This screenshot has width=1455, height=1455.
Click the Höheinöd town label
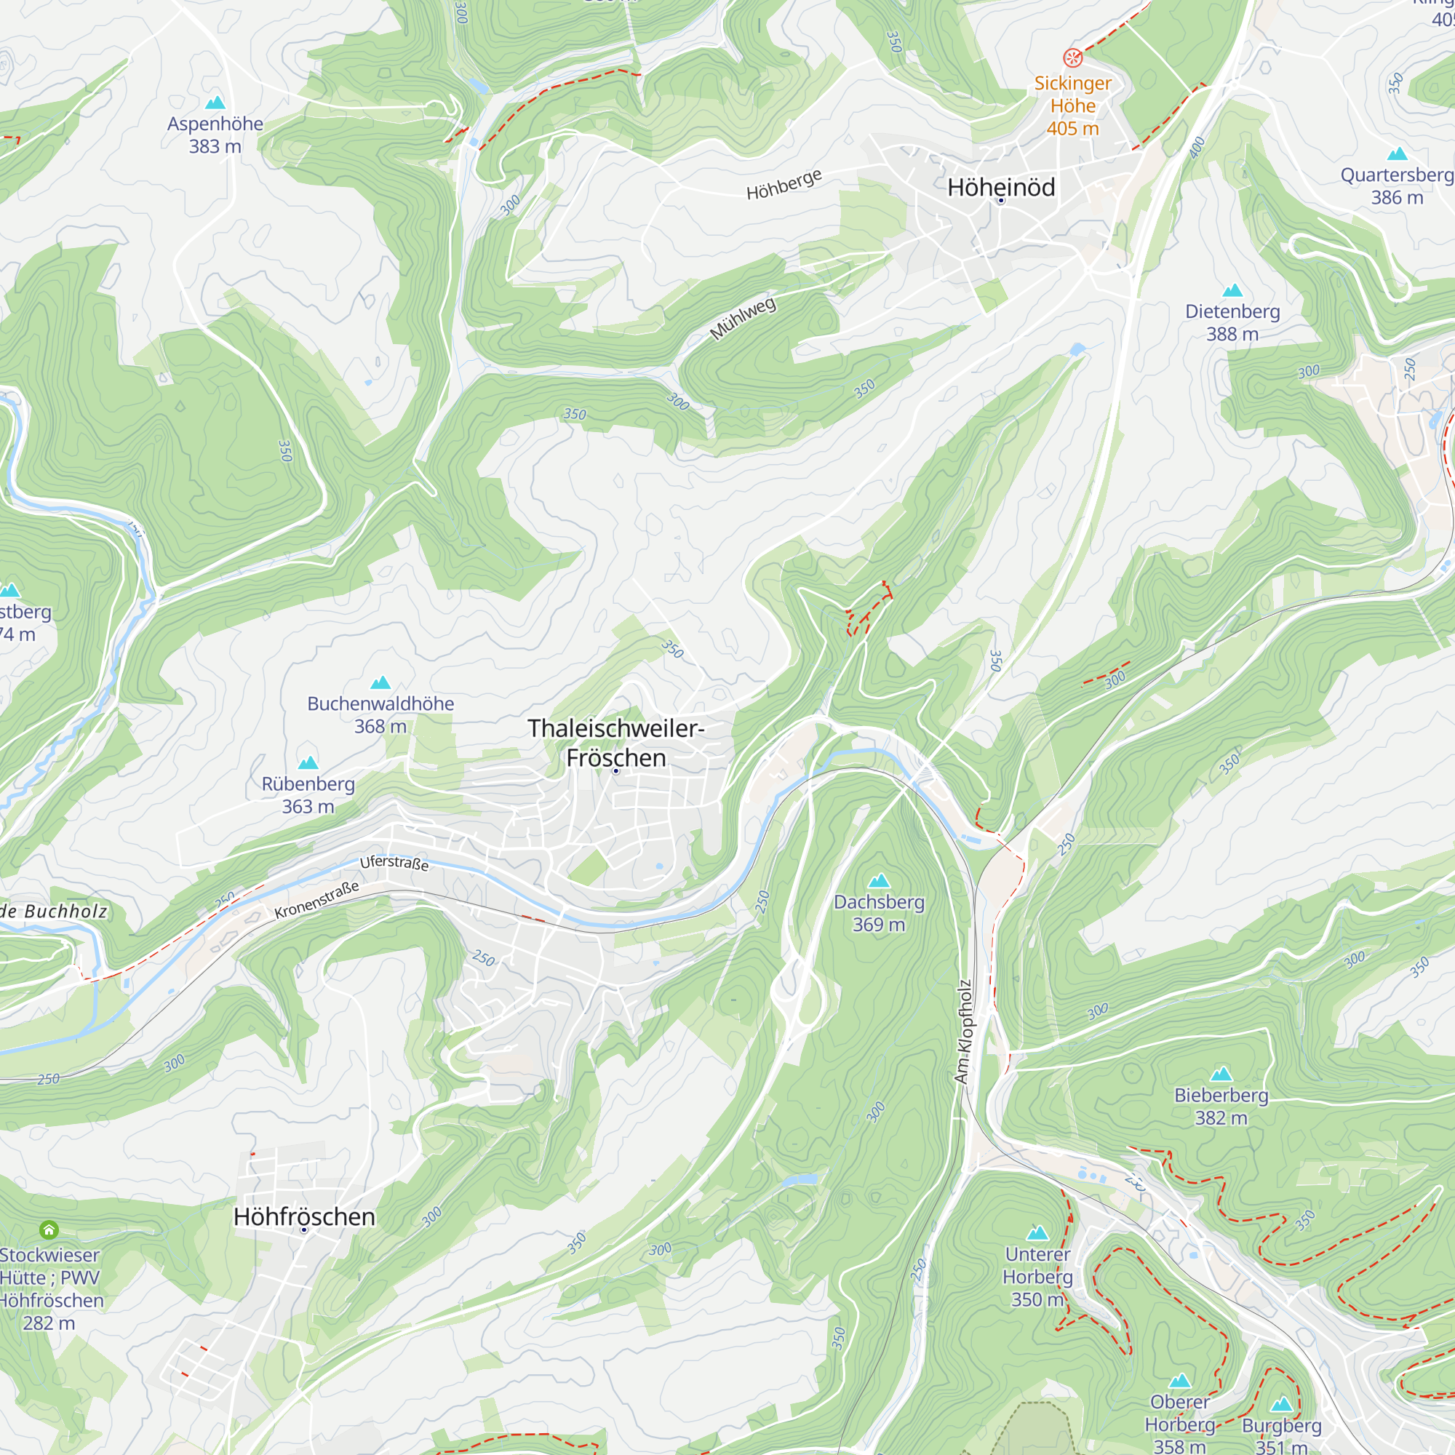click(x=1001, y=188)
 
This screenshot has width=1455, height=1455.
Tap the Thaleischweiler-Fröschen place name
click(x=615, y=743)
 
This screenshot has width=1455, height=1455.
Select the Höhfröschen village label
click(x=304, y=1217)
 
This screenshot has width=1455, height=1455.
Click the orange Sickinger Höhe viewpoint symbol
click(x=1072, y=58)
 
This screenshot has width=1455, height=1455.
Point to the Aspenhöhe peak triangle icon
click(x=215, y=103)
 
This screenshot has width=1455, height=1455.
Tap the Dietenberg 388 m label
click(x=1232, y=322)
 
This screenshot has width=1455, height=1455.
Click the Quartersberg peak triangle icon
click(x=1397, y=154)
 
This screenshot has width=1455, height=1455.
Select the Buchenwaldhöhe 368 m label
click(x=380, y=714)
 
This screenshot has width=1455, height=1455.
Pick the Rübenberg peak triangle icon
click(x=308, y=763)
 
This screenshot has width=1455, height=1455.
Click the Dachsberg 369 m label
click(x=879, y=913)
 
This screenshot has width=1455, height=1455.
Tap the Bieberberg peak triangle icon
click(x=1221, y=1074)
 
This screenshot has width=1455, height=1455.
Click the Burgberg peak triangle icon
click(x=1281, y=1404)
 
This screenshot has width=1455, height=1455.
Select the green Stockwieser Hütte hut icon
click(x=49, y=1229)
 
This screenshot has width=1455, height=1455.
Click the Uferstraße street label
click(x=394, y=863)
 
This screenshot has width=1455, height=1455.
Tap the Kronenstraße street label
click(x=316, y=900)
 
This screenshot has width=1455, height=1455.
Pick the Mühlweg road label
click(x=743, y=319)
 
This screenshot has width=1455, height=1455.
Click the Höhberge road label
click(x=784, y=185)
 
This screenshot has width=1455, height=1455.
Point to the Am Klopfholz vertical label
click(x=964, y=1032)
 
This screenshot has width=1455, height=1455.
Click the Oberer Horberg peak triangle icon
click(x=1179, y=1381)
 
